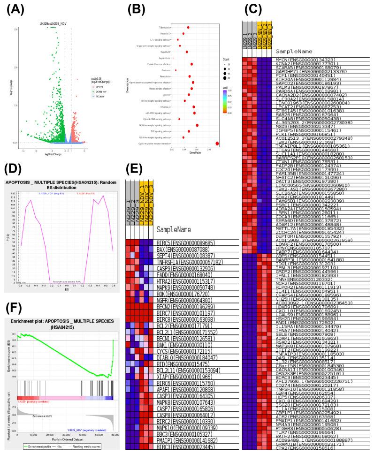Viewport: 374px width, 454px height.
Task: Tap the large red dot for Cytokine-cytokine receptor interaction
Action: click(217, 144)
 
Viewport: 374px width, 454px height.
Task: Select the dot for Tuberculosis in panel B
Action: click(188, 27)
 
